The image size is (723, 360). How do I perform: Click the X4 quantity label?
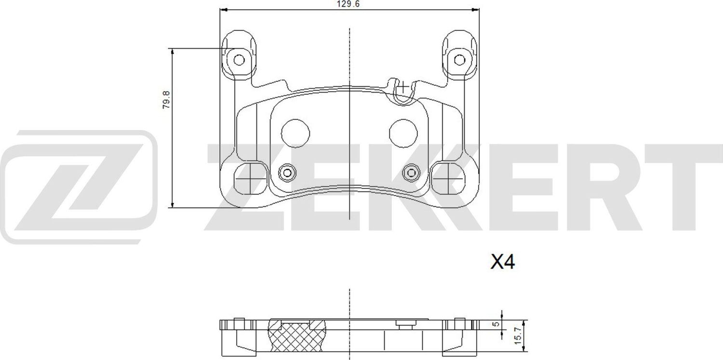click(503, 263)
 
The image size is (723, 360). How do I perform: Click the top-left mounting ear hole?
click(239, 60)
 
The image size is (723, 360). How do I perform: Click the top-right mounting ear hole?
click(459, 60)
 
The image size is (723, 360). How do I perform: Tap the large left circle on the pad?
click(295, 133)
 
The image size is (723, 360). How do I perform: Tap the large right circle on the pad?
click(403, 133)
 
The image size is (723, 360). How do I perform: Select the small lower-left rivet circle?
click(287, 172)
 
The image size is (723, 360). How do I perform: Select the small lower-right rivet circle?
click(411, 172)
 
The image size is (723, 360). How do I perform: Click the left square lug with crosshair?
click(249, 177)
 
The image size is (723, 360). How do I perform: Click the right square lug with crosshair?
click(448, 177)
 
